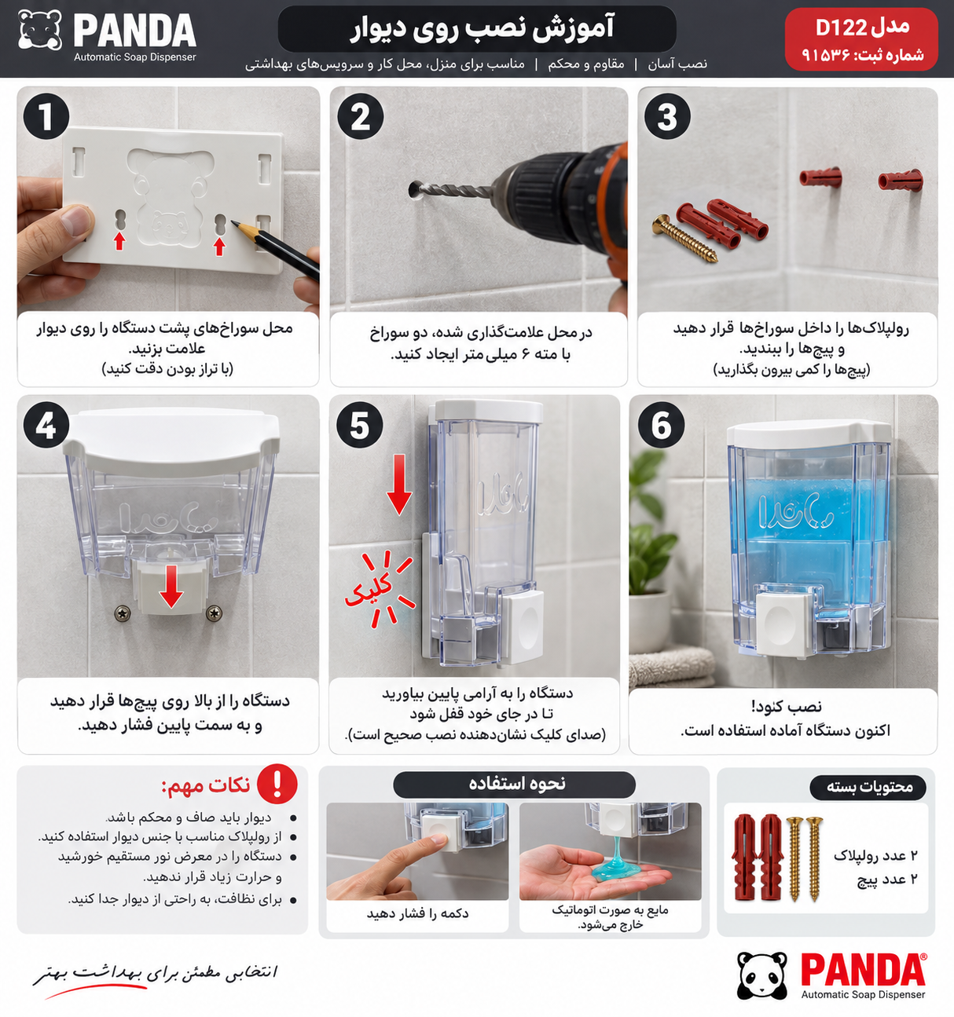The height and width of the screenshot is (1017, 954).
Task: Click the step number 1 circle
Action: pyautogui.click(x=46, y=116)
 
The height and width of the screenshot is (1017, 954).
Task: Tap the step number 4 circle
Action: pyautogui.click(x=46, y=425)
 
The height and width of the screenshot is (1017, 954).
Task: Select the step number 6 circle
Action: pyautogui.click(x=662, y=425)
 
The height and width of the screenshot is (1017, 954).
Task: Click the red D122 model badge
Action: pyautogui.click(x=861, y=39)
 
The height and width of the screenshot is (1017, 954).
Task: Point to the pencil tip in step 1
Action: pyautogui.click(x=233, y=223)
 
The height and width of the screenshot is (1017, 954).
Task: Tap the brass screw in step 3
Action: pyautogui.click(x=685, y=239)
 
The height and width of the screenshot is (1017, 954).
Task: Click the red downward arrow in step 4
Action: pyautogui.click(x=171, y=587)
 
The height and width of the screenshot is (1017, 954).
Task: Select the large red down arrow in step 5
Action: pyautogui.click(x=399, y=485)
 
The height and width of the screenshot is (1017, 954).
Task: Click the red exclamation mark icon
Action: pyautogui.click(x=277, y=784)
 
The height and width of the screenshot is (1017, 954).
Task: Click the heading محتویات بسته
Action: pyautogui.click(x=869, y=787)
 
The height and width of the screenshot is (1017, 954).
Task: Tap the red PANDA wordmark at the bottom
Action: pyautogui.click(x=864, y=969)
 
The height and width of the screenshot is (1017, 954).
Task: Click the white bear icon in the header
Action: pyautogui.click(x=40, y=30)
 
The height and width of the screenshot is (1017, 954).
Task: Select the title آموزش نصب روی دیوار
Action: pyautogui.click(x=482, y=28)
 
